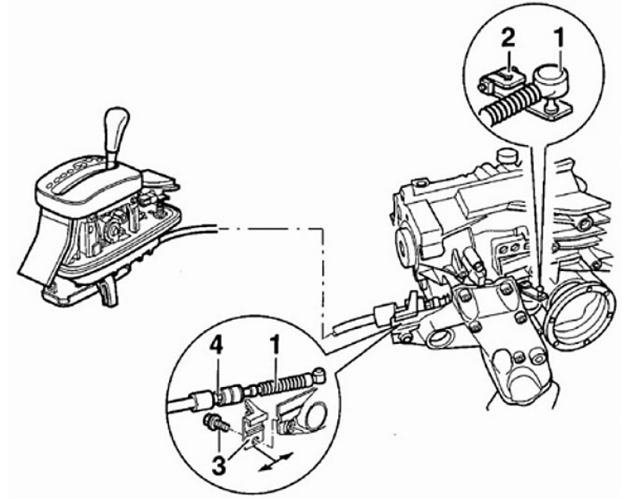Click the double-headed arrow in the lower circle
pyautogui.click(x=276, y=461)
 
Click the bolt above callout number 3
pyautogui.click(x=214, y=423)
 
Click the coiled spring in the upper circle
pyautogui.click(x=506, y=103)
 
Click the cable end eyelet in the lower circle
pyautogui.click(x=320, y=374)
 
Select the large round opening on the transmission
pyautogui.click(x=578, y=313)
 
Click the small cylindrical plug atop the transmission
pyautogui.click(x=506, y=157)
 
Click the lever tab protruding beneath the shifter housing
pyautogui.click(x=108, y=292)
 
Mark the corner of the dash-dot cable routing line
pyautogui.click(x=322, y=230)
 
